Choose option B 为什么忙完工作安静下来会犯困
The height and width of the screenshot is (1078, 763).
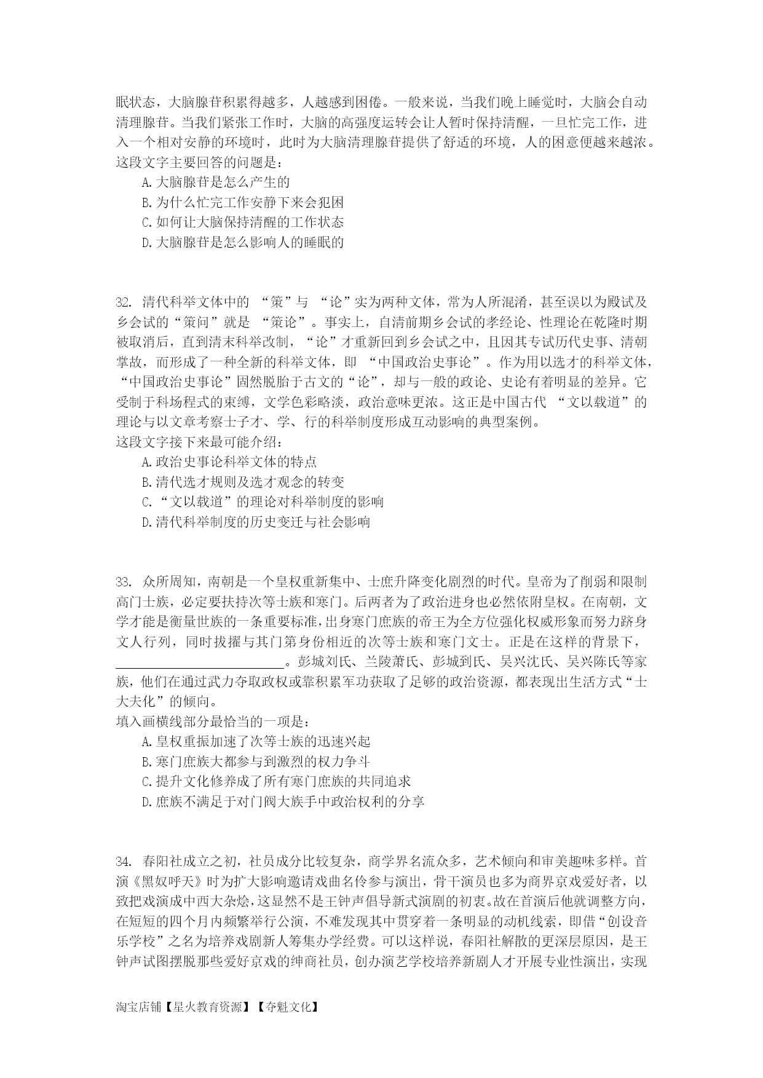(242, 202)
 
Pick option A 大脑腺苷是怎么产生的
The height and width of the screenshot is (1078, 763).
(215, 182)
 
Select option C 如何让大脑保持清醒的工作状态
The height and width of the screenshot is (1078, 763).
(242, 222)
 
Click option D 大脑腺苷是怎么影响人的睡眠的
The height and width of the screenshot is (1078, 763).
(242, 242)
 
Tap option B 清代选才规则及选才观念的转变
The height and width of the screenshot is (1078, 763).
(242, 482)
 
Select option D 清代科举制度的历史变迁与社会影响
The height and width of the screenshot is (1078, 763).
(255, 522)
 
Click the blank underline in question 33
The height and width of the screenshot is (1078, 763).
(199, 663)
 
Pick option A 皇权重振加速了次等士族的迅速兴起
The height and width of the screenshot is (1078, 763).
(255, 741)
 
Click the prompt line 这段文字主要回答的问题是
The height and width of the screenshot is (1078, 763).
(199, 163)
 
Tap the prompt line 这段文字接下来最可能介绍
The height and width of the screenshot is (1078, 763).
(199, 442)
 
